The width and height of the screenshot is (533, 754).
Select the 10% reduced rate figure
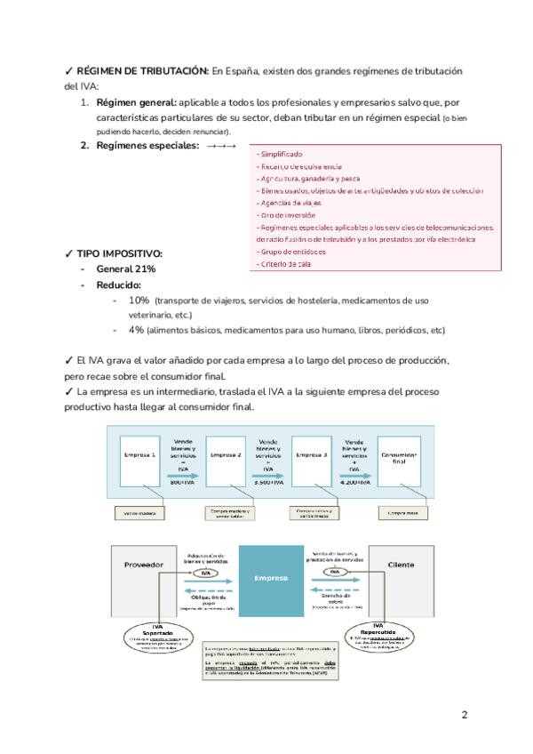pos(139,301)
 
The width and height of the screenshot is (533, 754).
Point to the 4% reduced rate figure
pos(136,330)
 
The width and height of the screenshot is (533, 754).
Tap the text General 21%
pos(126,269)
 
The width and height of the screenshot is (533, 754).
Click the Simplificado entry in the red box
pos(280,154)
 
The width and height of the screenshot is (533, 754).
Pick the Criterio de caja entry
pos(285,264)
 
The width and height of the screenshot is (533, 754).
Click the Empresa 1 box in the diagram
pos(142,458)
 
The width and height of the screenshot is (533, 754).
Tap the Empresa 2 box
pos(227,458)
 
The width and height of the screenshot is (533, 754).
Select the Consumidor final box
pos(398,459)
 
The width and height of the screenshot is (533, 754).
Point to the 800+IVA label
pos(184,482)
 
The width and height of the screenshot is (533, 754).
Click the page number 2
pos(465,714)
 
